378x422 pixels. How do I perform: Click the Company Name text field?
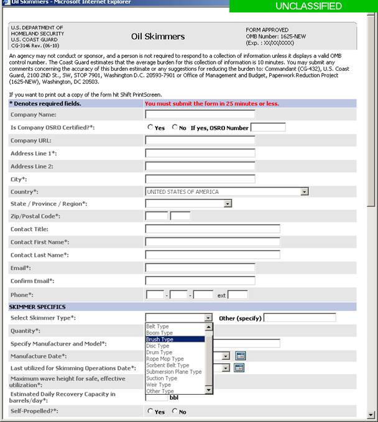click(200, 114)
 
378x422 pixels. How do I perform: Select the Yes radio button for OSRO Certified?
click(150, 127)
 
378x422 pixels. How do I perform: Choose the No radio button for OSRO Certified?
click(175, 127)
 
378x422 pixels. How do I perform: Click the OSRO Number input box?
click(267, 127)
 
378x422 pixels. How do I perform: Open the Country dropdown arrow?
click(304, 191)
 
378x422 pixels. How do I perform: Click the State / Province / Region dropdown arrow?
click(228, 203)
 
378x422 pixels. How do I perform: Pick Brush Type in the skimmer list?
click(160, 339)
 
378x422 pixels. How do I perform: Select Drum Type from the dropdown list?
click(159, 352)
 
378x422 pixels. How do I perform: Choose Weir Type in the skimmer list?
click(159, 385)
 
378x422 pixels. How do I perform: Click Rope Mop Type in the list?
click(165, 359)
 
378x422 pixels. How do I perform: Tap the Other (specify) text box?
click(300, 318)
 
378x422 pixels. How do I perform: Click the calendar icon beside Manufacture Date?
click(240, 355)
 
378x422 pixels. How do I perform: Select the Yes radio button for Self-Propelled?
click(150, 411)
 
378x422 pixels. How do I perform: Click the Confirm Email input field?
click(200, 281)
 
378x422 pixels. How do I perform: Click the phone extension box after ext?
click(237, 294)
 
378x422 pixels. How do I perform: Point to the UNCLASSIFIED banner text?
click(304, 6)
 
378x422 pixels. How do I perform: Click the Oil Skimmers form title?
click(158, 37)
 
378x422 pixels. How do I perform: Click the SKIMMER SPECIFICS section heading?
click(38, 307)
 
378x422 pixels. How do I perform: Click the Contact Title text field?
click(212, 229)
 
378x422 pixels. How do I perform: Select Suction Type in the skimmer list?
click(162, 378)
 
